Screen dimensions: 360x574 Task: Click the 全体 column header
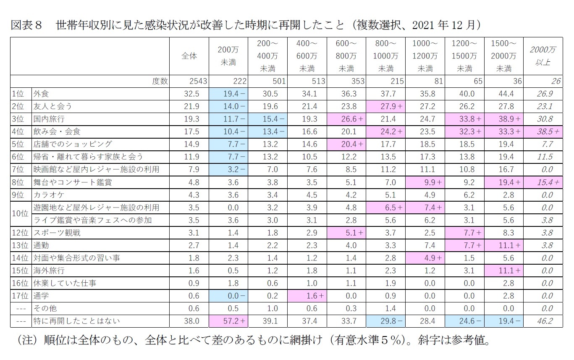pos(189,56)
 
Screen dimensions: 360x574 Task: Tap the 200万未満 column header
pos(229,56)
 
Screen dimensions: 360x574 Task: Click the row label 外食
pos(42,94)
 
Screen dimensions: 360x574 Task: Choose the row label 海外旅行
pos(49,271)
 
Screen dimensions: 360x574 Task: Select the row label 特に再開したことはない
pos(76,321)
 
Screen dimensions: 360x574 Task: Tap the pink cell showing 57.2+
pos(229,321)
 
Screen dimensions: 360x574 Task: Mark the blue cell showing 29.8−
pos(386,321)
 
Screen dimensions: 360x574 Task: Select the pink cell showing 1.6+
pos(307,296)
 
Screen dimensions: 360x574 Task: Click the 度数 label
pos(159,81)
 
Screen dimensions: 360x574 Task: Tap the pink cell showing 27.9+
pos(386,106)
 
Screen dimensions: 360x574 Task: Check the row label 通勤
pos(42,245)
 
